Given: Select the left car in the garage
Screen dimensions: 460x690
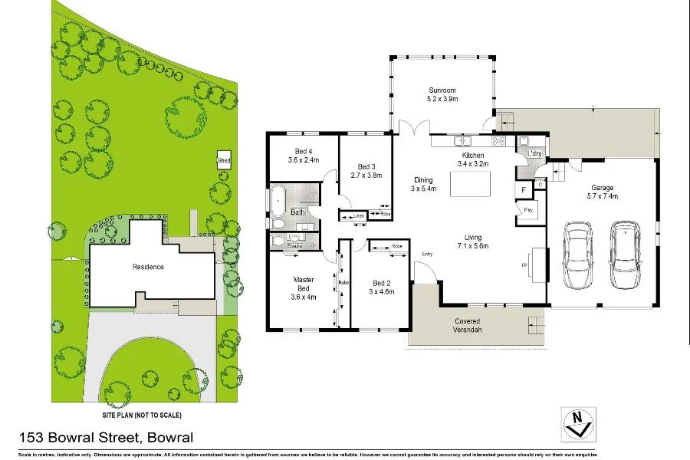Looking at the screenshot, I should click(x=577, y=255).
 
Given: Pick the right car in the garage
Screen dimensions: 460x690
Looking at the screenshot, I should click(x=626, y=255).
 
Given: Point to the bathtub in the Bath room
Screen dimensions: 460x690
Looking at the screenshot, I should click(x=277, y=202).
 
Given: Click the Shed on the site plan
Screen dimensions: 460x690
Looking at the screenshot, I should click(x=224, y=161).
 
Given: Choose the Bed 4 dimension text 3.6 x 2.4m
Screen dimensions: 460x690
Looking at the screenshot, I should click(x=303, y=160).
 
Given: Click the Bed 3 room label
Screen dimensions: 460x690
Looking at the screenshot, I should click(x=366, y=166).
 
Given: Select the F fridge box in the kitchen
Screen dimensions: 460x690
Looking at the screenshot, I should click(x=524, y=189).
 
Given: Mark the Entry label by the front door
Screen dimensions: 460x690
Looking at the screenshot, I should click(x=426, y=254).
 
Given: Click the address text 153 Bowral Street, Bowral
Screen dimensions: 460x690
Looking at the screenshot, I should click(x=105, y=438).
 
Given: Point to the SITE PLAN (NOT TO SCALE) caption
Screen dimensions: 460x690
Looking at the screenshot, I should click(x=142, y=415).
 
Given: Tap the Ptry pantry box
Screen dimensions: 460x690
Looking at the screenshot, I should click(x=528, y=210).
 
